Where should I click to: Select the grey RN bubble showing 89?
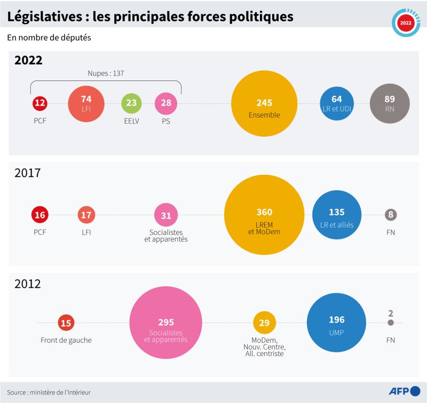pyautogui.click(x=390, y=103)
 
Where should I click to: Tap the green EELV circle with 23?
pyautogui.click(x=131, y=103)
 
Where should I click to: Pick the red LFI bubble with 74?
pyautogui.click(x=86, y=103)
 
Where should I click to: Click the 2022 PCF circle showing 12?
pyautogui.click(x=39, y=103)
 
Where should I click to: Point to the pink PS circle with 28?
pyautogui.click(x=166, y=103)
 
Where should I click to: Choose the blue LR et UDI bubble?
pyautogui.click(x=337, y=103)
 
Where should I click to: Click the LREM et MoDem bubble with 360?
pyautogui.click(x=264, y=215)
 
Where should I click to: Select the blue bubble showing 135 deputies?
pyautogui.click(x=336, y=215)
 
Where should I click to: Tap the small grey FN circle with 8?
pyautogui.click(x=391, y=215)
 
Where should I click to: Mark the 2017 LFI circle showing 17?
pyautogui.click(x=86, y=215)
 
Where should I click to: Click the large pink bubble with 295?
pyautogui.click(x=166, y=323)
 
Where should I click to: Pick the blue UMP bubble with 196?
pyautogui.click(x=336, y=323)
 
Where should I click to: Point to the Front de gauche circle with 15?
pyautogui.click(x=66, y=323)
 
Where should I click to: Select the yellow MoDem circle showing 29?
pyautogui.click(x=264, y=323)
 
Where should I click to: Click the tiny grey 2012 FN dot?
pyautogui.click(x=391, y=323)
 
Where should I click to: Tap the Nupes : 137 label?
pyautogui.click(x=106, y=74)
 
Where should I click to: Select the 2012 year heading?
pyautogui.click(x=28, y=284)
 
